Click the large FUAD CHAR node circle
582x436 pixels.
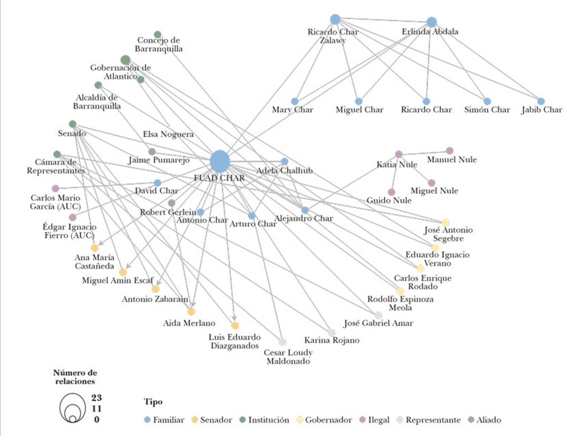(x=220, y=161)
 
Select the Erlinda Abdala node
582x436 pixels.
(x=432, y=22)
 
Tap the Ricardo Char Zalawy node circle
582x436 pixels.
(x=335, y=19)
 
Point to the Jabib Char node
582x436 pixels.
(x=541, y=101)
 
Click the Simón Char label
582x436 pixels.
(x=487, y=110)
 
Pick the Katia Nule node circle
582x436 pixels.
(x=399, y=154)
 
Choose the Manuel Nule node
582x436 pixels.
(x=450, y=150)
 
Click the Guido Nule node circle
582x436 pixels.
(x=391, y=192)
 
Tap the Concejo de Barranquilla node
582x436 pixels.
(x=157, y=35)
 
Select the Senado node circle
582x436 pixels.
(x=73, y=124)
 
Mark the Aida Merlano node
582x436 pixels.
(x=191, y=311)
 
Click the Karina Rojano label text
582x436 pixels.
(x=332, y=340)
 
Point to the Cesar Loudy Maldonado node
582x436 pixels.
(x=282, y=342)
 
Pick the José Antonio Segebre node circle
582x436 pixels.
(x=446, y=222)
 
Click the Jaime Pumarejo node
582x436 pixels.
(x=152, y=151)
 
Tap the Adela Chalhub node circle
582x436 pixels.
(x=284, y=161)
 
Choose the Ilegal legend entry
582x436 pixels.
(x=374, y=420)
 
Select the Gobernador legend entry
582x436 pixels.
(x=325, y=420)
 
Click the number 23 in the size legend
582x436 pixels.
(x=96, y=397)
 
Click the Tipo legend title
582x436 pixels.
(x=154, y=402)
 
